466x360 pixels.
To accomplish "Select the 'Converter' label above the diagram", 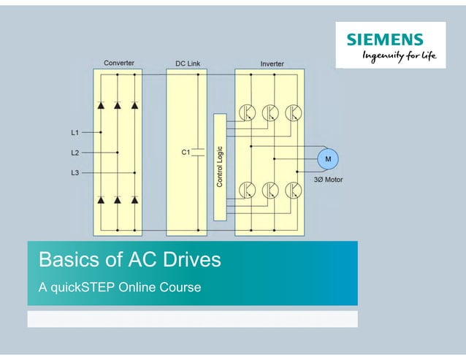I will coord(118,63).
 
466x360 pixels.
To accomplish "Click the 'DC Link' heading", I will coord(188,64).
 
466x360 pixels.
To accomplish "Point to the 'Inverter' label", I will coord(272,64).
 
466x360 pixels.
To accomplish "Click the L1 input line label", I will coord(75,133).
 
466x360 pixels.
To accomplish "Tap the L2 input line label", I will coord(75,153).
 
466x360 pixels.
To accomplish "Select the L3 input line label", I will coord(75,172).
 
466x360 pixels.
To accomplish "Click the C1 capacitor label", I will coord(186,152).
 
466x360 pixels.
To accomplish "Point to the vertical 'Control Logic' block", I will coord(220,166).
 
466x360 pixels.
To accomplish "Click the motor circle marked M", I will coord(327,159).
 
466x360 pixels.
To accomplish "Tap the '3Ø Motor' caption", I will coord(328,179).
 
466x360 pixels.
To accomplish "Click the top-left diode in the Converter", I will coord(100,106).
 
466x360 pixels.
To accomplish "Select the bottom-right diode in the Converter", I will coord(134,199).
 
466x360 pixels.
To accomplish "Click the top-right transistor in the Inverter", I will coord(293,112).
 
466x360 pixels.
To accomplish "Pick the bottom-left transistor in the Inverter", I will coord(247,190).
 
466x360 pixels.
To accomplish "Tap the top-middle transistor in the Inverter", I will coord(270,112).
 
